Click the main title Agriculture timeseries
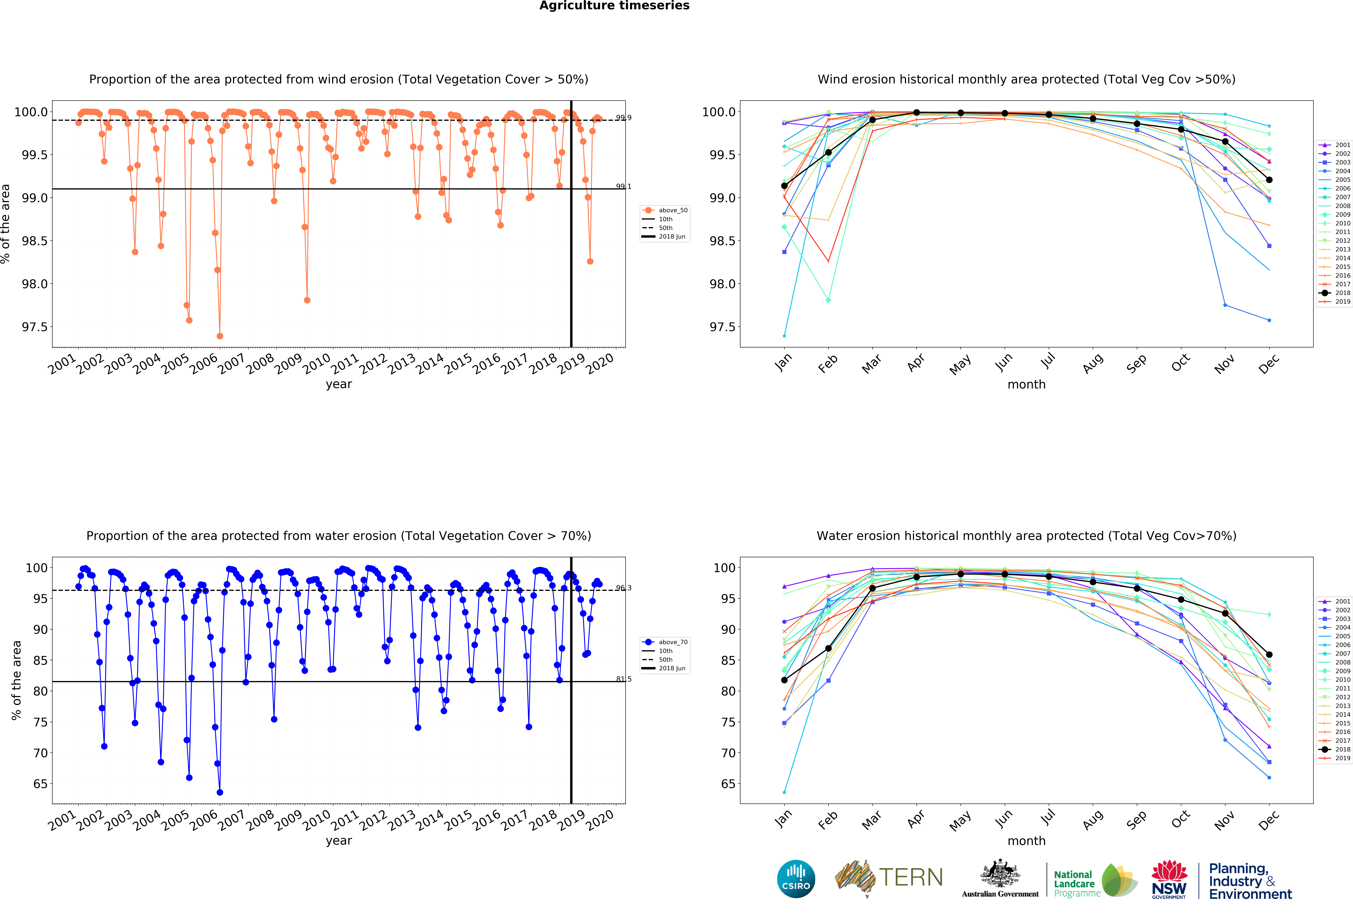click(614, 6)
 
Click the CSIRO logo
click(796, 879)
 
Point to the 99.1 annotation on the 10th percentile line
click(623, 186)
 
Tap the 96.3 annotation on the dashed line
click(623, 588)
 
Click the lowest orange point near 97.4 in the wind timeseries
click(219, 336)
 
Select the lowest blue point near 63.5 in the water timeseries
click(219, 792)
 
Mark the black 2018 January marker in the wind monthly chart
click(784, 186)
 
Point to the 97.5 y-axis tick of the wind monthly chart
click(722, 327)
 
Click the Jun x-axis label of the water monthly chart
click(1004, 820)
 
